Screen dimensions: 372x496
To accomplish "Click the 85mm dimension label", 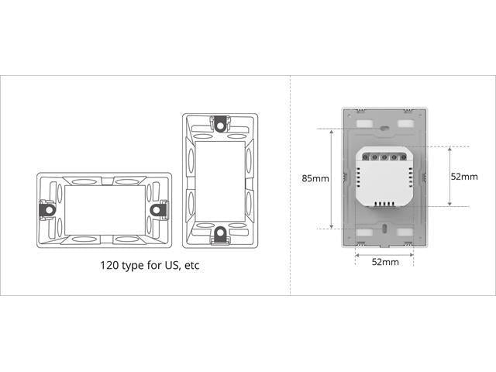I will point(315,178).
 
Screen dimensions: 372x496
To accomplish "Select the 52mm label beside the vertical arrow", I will point(464,176).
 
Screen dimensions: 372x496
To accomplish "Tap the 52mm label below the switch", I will point(384,262).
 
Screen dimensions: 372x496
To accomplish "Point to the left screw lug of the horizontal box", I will point(46,208).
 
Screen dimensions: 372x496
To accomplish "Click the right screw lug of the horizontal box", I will point(160,208).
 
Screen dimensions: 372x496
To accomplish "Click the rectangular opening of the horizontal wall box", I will point(103,208).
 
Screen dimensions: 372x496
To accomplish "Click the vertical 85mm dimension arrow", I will point(332,177).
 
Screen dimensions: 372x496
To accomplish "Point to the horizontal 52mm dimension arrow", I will point(384,252).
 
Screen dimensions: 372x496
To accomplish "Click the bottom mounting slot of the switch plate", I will point(384,229).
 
